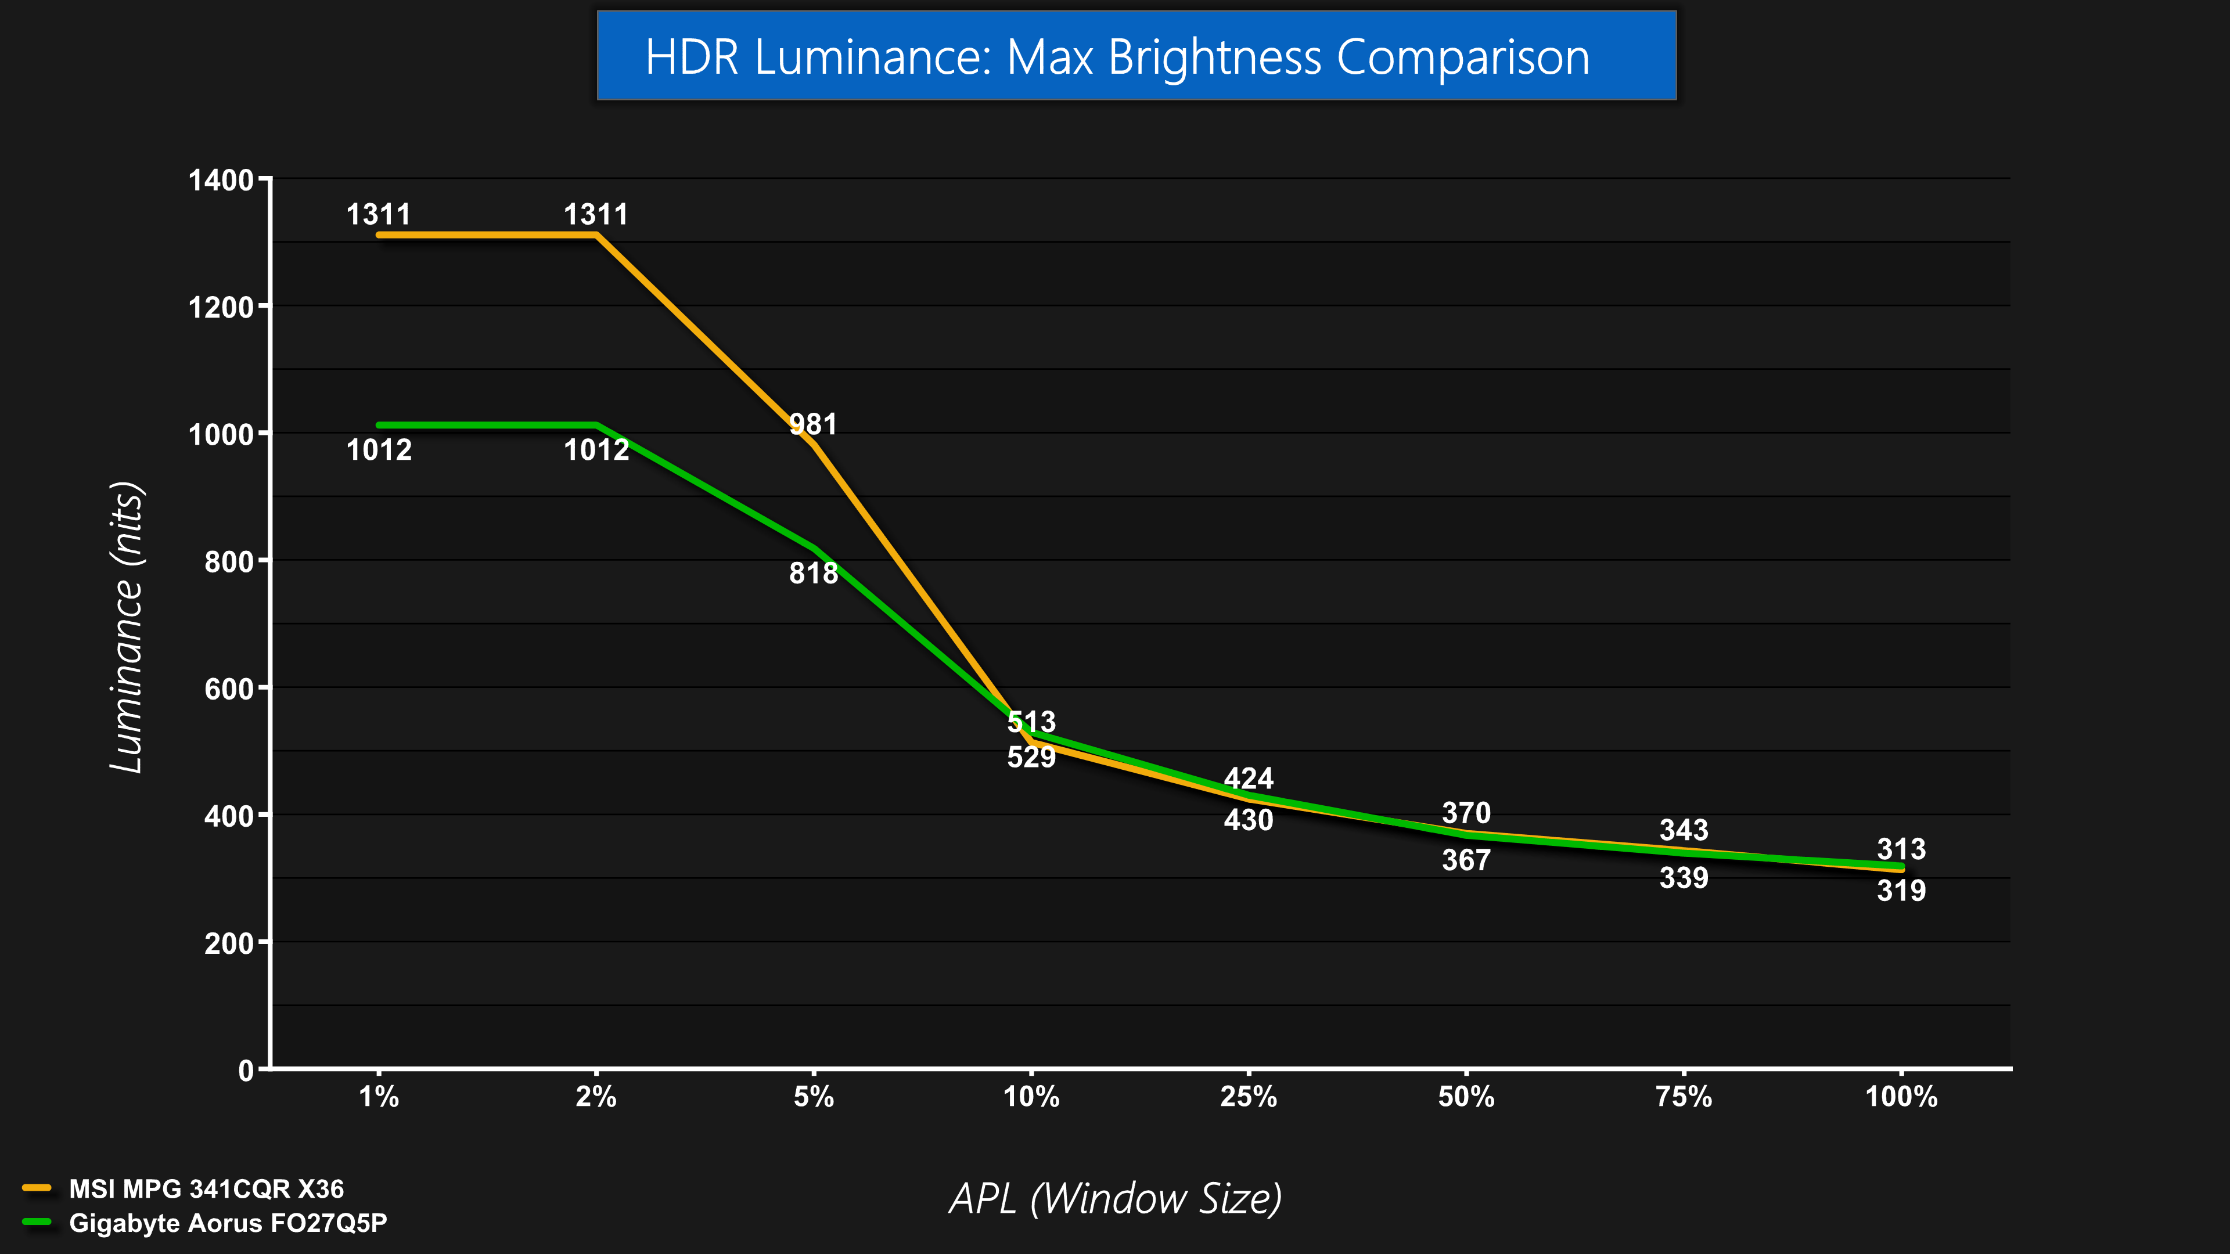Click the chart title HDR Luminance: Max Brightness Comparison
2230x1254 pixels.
tap(1117, 57)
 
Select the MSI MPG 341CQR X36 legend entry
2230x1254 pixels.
tap(206, 1189)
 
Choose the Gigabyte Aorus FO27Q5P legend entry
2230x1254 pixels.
tap(228, 1223)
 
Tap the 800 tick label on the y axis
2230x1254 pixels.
tap(229, 561)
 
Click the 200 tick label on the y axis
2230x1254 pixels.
tap(229, 943)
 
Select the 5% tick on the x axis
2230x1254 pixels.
tap(814, 1097)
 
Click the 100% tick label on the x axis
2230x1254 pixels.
tap(1901, 1097)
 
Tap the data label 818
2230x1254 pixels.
tap(813, 573)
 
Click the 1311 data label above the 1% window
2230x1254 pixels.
tap(378, 214)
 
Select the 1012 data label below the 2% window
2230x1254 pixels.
tap(596, 450)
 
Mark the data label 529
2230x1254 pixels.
tap(1031, 757)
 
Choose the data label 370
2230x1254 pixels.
tap(1466, 813)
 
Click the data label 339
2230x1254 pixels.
tap(1684, 878)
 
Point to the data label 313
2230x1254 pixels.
tap(1901, 849)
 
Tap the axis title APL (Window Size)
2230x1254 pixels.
tap(1115, 1199)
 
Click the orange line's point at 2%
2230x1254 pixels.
tap(596, 235)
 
